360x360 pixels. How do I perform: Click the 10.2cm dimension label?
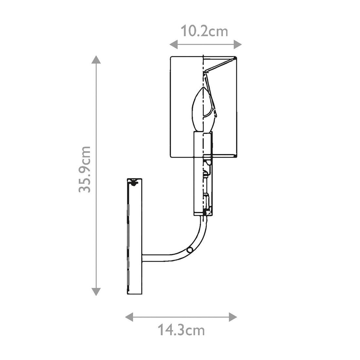(x=205, y=31)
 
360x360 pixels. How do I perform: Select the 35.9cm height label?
(x=84, y=169)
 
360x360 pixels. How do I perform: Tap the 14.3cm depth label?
(x=181, y=331)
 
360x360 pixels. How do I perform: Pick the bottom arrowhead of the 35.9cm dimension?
(x=96, y=292)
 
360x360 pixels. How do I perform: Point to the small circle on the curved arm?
(x=189, y=250)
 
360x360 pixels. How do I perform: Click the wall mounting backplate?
(x=135, y=236)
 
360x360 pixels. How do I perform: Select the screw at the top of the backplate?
(x=134, y=182)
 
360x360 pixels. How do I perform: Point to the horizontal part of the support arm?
(x=157, y=258)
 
